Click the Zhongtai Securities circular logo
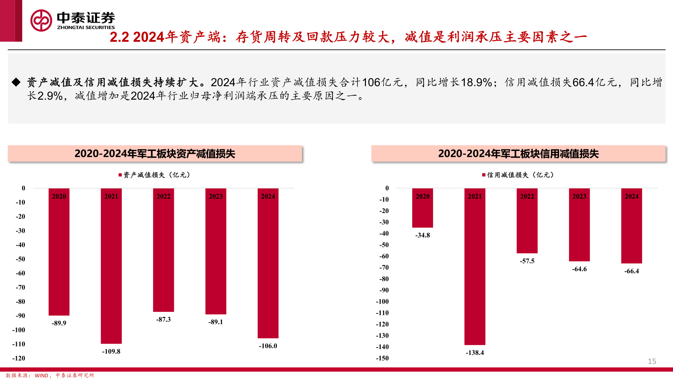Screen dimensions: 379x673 coord(41,20)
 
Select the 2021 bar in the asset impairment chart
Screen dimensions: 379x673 coord(111,267)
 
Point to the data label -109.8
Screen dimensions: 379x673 coord(111,351)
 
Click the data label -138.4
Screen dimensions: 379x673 coord(475,353)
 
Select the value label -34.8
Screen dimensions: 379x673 coord(422,235)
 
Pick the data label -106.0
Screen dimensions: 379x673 coord(268,346)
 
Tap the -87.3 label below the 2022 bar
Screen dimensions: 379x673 coord(163,319)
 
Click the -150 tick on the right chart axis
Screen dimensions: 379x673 coord(382,358)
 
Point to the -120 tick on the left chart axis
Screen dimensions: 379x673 coord(19,358)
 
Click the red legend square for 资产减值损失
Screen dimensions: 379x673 coord(120,175)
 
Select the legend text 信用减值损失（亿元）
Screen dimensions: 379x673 coord(520,175)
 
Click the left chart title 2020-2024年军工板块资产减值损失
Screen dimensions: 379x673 coord(155,154)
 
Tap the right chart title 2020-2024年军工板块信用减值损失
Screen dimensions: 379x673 coord(518,154)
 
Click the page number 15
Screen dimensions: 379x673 coord(652,361)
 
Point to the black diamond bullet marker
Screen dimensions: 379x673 coord(16,82)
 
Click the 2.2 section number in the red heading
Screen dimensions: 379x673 coord(119,37)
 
